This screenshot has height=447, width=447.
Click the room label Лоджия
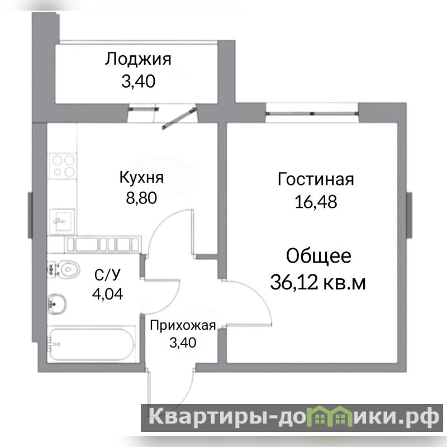(138, 60)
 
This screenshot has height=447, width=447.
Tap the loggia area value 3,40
(139, 81)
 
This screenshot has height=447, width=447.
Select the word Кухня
(141, 178)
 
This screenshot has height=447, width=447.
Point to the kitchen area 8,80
(141, 198)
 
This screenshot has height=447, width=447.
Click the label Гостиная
(316, 179)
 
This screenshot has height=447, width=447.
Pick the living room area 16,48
(316, 202)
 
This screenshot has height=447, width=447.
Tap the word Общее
(318, 256)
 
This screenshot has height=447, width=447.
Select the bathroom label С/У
(107, 275)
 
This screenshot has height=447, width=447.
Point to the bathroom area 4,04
(107, 294)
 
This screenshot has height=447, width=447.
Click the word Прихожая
(183, 325)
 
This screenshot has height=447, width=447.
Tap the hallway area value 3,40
(183, 343)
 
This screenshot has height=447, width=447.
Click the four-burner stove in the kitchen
(63, 166)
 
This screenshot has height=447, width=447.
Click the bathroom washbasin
(57, 304)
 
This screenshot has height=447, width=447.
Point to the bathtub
(91, 344)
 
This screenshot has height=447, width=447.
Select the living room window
(312, 113)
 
